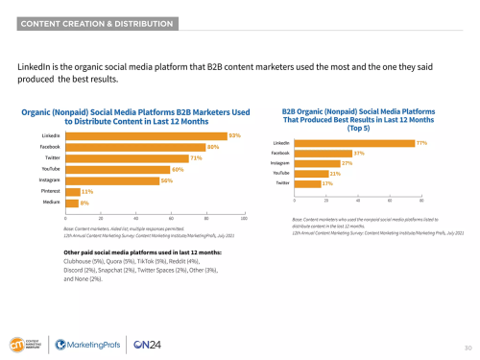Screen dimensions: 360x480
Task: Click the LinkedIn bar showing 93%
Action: click(x=145, y=135)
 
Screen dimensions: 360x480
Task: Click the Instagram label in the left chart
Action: click(x=51, y=180)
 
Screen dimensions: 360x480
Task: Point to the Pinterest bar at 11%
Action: click(x=73, y=192)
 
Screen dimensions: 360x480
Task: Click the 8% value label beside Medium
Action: click(x=84, y=204)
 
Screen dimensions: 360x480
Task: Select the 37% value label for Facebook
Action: click(x=359, y=153)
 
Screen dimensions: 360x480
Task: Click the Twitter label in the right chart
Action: click(x=283, y=182)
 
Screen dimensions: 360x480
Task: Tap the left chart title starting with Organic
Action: click(x=133, y=117)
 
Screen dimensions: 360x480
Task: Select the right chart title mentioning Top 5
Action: click(x=357, y=121)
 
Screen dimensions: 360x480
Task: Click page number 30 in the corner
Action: click(x=468, y=347)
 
